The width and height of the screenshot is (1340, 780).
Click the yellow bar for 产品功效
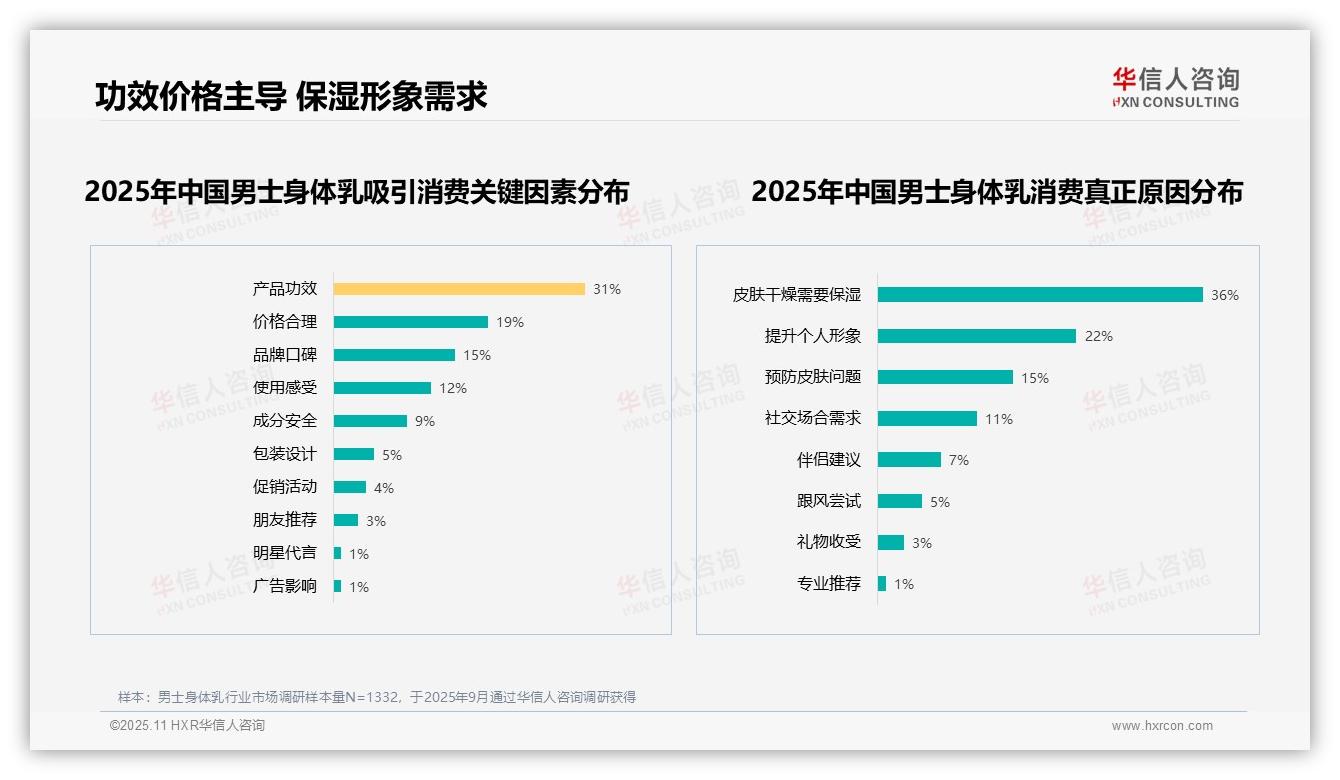pyautogui.click(x=459, y=289)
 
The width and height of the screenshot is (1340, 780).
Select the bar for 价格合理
pyautogui.click(x=410, y=322)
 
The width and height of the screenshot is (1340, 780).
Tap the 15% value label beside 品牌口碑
pyautogui.click(x=477, y=355)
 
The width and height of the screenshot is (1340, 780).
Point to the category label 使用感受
pyautogui.click(x=284, y=388)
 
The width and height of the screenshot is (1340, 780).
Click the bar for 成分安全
pyautogui.click(x=370, y=421)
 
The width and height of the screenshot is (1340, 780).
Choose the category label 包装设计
pyautogui.click(x=284, y=454)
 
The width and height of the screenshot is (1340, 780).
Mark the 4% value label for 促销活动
pyautogui.click(x=384, y=488)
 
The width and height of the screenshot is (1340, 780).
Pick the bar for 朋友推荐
pyautogui.click(x=346, y=520)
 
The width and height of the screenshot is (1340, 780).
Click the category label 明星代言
pyautogui.click(x=284, y=553)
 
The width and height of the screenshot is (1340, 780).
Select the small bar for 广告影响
pyautogui.click(x=338, y=586)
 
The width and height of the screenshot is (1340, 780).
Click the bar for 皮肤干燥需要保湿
pyautogui.click(x=1040, y=295)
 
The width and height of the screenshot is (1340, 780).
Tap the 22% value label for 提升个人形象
pyautogui.click(x=1099, y=336)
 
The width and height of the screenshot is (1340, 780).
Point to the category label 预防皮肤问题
pyautogui.click(x=812, y=377)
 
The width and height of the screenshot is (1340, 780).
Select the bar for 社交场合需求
pyautogui.click(x=927, y=419)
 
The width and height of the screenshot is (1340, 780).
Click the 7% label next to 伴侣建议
pyautogui.click(x=959, y=460)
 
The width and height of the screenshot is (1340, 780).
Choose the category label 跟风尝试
pyautogui.click(x=828, y=501)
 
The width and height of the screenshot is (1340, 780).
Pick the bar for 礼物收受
pyautogui.click(x=891, y=542)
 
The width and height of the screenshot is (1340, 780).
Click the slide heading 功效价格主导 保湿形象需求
pyautogui.click(x=291, y=96)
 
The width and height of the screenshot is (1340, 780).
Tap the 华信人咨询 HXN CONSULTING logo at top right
pyautogui.click(x=1175, y=87)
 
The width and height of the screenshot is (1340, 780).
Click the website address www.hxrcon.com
pyautogui.click(x=1162, y=726)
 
